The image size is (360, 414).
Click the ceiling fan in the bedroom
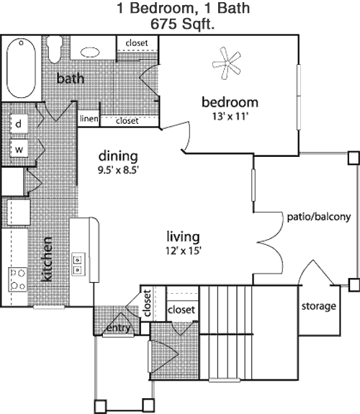227,63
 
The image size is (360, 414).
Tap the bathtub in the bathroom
21,68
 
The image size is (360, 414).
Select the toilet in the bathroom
55,49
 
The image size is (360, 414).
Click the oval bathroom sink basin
90,53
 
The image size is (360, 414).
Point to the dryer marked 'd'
19,124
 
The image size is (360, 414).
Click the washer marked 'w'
19,148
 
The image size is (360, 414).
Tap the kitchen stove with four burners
18,279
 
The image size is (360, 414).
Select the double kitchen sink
78,264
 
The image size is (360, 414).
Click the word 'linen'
89,119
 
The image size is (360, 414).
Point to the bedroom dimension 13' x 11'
230,116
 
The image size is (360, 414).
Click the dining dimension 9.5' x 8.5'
118,170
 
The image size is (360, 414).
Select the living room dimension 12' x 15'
184,251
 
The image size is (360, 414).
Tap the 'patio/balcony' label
319,217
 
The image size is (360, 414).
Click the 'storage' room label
319,307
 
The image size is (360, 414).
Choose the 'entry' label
118,328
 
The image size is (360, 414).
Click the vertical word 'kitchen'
47,259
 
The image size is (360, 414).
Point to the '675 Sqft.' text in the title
182,24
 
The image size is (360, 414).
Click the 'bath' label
71,78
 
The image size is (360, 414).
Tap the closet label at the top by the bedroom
137,42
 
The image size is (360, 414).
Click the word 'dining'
118,156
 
